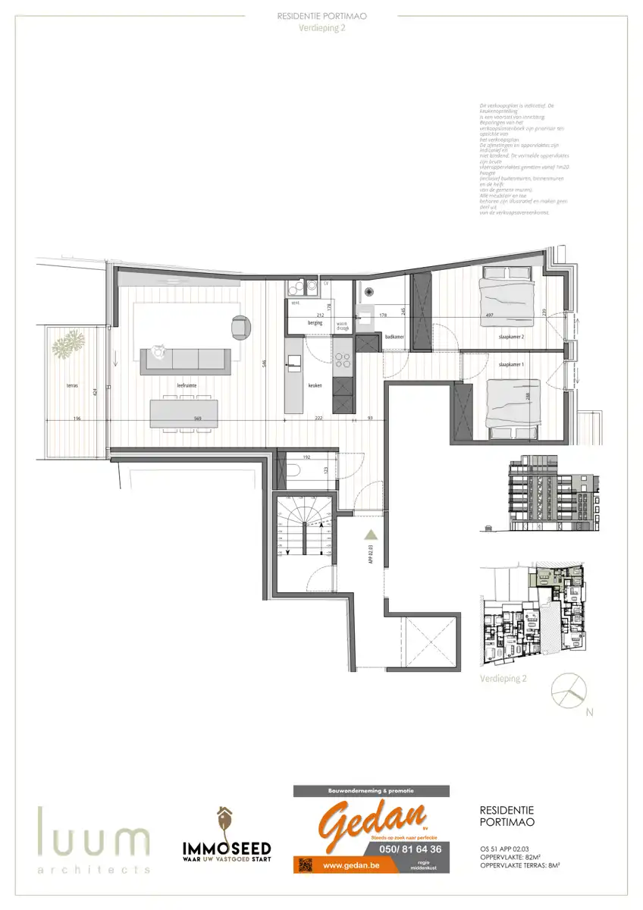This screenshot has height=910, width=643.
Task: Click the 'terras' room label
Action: click(72, 385)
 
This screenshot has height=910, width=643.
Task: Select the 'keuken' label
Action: click(315, 385)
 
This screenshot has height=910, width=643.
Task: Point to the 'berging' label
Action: click(315, 322)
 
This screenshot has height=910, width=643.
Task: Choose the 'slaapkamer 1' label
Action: click(511, 365)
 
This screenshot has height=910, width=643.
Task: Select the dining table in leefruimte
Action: click(184, 413)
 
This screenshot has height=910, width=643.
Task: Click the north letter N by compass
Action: click(588, 713)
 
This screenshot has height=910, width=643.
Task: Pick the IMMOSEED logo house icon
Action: click(225, 821)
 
